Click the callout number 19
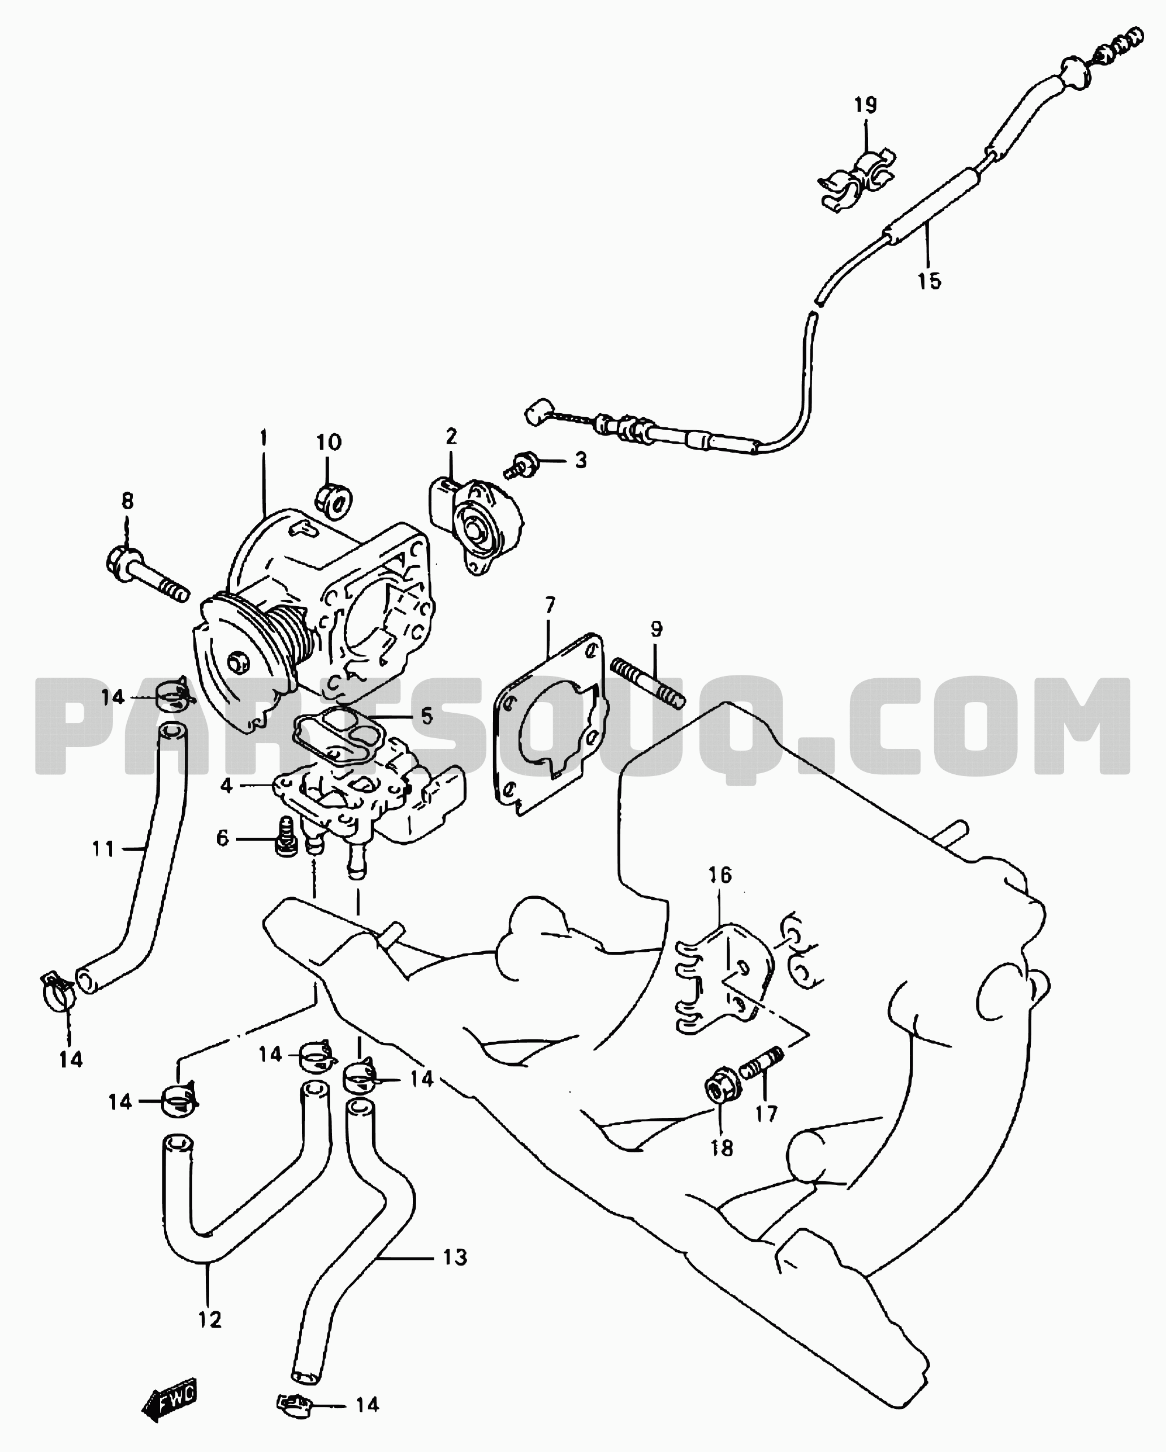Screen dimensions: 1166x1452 [x=866, y=105]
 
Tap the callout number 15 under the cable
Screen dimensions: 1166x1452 [x=930, y=281]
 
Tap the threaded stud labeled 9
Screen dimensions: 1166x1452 [x=648, y=683]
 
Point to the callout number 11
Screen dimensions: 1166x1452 [x=103, y=849]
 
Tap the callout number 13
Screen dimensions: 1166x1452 [x=455, y=1258]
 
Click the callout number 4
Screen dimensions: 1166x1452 [x=226, y=785]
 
